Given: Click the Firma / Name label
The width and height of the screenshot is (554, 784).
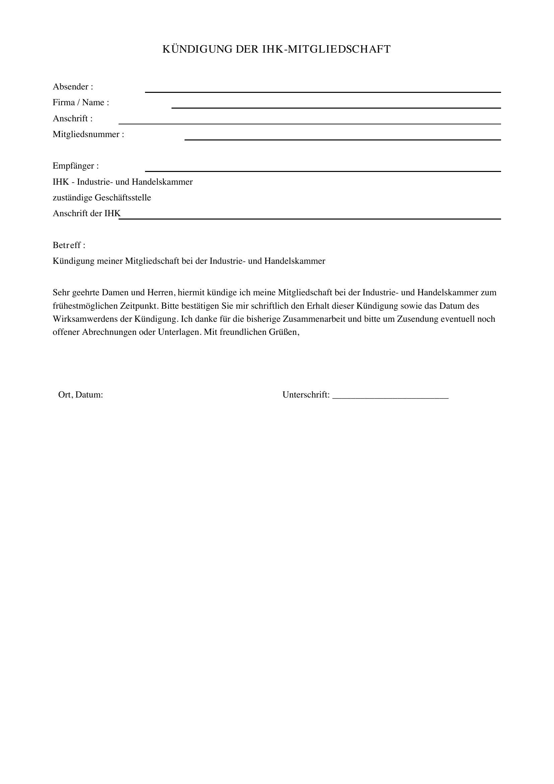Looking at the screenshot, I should click(x=81, y=103).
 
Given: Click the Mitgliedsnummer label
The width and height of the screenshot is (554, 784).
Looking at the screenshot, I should click(x=88, y=134).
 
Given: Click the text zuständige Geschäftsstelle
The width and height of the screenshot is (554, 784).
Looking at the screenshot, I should click(x=102, y=198).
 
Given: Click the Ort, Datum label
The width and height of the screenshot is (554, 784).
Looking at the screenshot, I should click(x=81, y=395).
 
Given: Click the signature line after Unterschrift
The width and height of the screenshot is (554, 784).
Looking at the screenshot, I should click(x=390, y=398).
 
